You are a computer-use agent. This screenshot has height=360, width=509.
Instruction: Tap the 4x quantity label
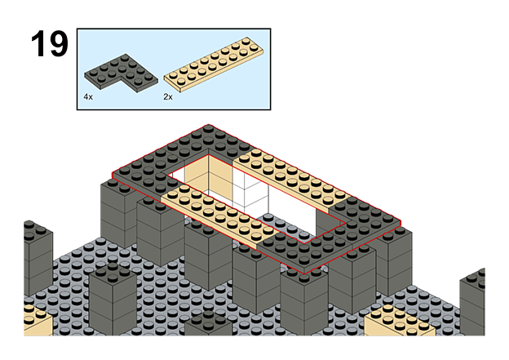pos(87,96)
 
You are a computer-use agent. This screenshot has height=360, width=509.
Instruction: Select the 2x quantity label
pos(168,96)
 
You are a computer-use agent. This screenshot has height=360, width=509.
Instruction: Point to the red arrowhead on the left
pos(107,175)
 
